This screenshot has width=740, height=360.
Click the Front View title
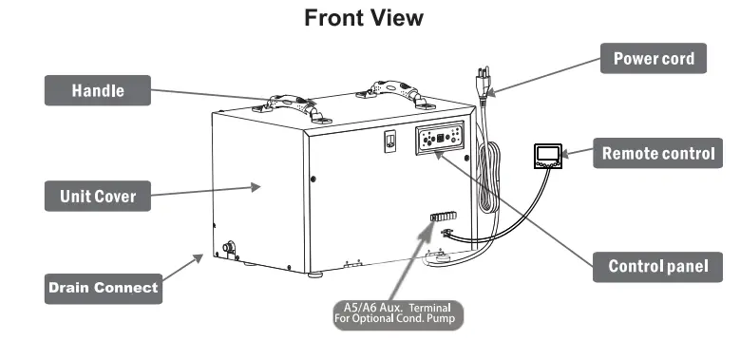coord(364,18)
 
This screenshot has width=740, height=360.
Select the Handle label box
coord(99,91)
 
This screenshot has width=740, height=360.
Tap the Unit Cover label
coord(98,197)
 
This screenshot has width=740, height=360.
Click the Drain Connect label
coord(103,287)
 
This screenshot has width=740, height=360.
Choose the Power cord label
coord(653,58)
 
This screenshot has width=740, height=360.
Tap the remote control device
coord(547,154)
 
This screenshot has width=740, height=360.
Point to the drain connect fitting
coord(229,249)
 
